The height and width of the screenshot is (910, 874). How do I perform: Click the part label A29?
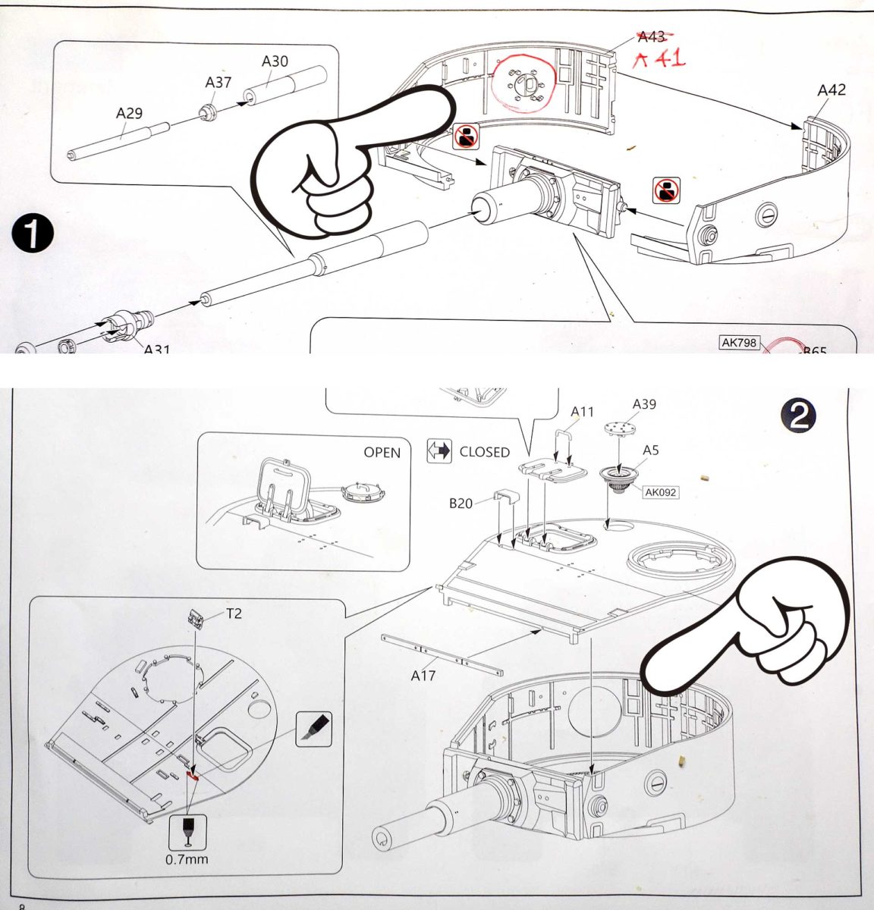tap(129, 113)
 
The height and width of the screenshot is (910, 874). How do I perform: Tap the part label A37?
tap(218, 81)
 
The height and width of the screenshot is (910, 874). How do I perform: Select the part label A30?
tap(275, 61)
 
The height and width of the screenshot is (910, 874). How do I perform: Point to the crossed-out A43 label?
tap(651, 36)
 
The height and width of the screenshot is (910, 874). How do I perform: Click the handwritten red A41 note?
tap(659, 59)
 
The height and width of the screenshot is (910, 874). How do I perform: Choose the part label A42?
tap(832, 89)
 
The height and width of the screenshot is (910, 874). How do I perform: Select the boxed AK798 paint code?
tap(739, 343)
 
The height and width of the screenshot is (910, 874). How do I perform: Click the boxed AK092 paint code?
tap(660, 492)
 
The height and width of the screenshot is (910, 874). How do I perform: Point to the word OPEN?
tap(382, 452)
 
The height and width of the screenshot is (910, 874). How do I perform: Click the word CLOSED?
tap(484, 452)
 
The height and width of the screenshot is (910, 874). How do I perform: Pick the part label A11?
tap(583, 412)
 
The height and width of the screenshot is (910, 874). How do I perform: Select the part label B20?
tap(461, 503)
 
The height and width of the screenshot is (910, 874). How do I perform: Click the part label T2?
tap(234, 613)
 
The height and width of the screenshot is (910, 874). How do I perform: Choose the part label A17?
tap(423, 675)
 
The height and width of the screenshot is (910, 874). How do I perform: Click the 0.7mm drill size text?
tap(187, 859)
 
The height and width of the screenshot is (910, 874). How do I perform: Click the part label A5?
tap(650, 450)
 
